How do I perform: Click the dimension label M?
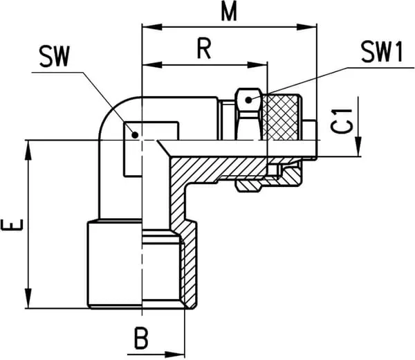226,12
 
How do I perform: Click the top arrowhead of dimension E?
30,145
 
